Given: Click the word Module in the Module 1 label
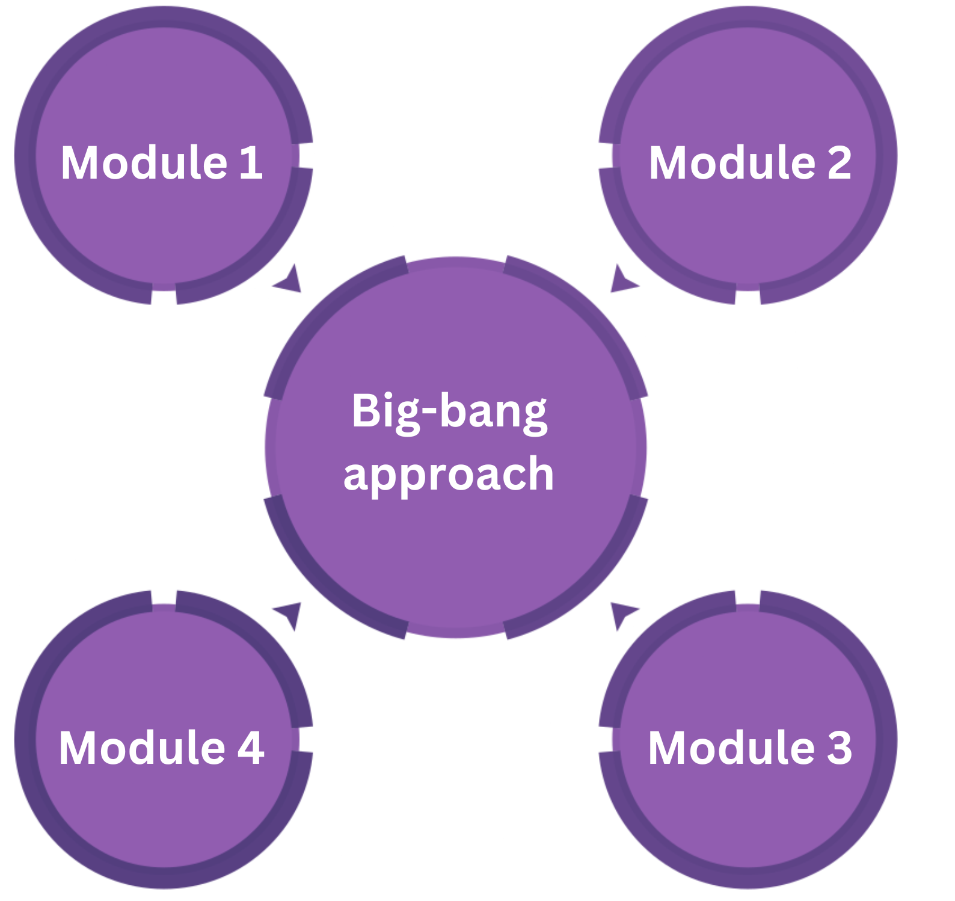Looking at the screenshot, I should click(144, 162).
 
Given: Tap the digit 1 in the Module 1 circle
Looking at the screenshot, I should click(251, 162).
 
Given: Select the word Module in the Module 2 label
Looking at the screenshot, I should click(732, 162).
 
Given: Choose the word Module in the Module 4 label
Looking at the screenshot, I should click(142, 748).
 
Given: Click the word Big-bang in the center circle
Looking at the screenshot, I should click(449, 412).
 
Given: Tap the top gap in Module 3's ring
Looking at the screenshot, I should click(748, 597).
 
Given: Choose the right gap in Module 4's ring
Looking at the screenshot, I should click(306, 740).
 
